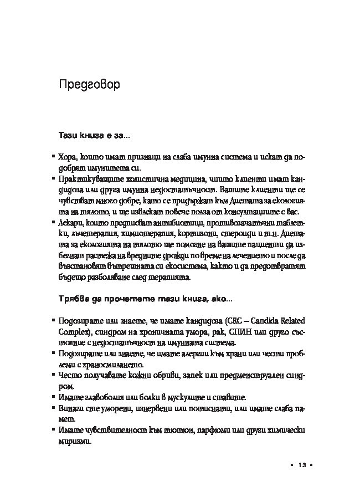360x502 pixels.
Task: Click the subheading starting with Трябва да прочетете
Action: coord(146,299)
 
